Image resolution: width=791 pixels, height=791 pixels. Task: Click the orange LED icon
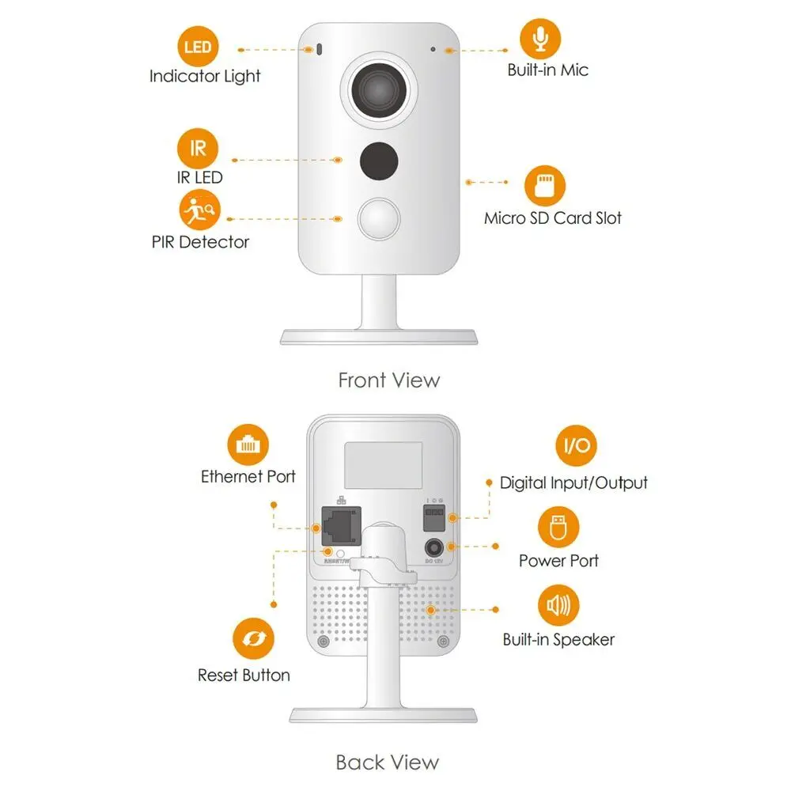coord(197,47)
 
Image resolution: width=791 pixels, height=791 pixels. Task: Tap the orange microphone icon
coord(540,38)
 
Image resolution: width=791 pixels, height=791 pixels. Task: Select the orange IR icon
coord(197,149)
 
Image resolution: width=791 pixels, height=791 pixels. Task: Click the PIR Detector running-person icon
coord(199,210)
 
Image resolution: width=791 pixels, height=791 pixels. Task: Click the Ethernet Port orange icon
coord(248,445)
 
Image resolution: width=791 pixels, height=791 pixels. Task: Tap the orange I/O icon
coord(576,445)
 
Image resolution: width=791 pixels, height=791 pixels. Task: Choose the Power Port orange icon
coord(558,528)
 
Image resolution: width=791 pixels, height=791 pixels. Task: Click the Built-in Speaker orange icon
coord(558,606)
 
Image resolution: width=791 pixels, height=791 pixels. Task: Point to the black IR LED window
coord(377,161)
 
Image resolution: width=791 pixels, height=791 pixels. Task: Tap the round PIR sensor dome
coord(378,220)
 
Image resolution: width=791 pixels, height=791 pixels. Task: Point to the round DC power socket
coord(433,547)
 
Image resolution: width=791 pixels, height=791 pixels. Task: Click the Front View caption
coord(388,380)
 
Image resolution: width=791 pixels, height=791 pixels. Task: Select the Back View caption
coord(387,763)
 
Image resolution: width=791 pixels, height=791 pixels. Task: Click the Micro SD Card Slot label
coord(553,218)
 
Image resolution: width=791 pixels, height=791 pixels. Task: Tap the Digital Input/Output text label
coord(573,483)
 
